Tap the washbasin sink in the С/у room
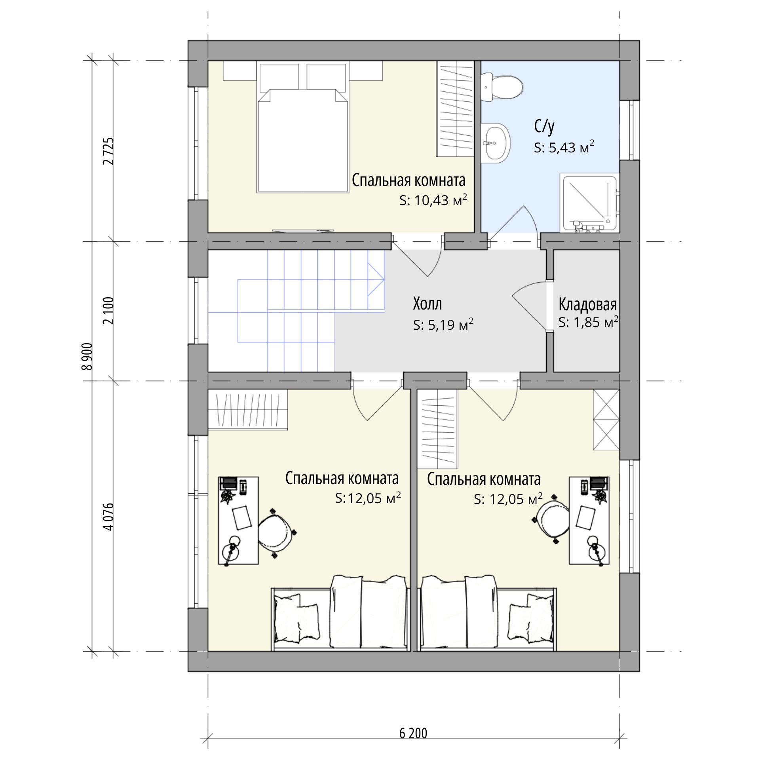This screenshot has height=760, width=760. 496,143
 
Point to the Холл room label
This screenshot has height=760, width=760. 427,304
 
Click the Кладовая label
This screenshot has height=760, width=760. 587,304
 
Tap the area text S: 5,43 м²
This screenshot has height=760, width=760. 564,147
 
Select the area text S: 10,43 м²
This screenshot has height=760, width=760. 433,200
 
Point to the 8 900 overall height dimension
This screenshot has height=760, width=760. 87,356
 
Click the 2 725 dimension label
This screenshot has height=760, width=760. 108,151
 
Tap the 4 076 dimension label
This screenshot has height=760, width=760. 108,516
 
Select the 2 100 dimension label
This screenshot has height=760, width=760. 108,310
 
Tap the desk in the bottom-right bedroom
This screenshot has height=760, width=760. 589,520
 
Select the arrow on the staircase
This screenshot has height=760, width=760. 376,279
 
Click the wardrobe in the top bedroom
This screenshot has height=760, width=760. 456,109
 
